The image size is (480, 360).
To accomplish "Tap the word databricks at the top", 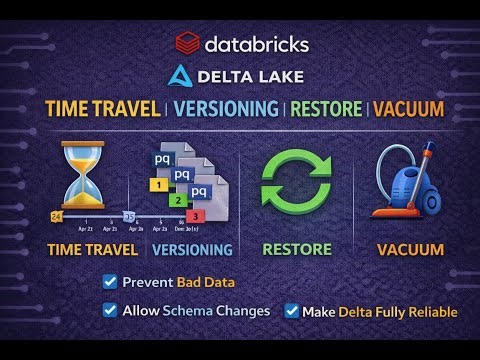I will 256,44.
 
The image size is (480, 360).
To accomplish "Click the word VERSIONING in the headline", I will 226,107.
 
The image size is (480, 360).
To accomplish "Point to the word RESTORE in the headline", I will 326,107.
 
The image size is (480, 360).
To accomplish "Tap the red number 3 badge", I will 196,215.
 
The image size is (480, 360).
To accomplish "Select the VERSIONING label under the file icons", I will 192,249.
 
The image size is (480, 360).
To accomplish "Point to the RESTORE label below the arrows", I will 296,249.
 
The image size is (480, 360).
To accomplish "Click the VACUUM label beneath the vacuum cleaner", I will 410,249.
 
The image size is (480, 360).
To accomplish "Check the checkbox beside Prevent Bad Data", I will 110,282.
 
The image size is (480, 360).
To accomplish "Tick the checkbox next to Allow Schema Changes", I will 110,310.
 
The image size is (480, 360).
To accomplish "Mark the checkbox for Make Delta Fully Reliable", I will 292,311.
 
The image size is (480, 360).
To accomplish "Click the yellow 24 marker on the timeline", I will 56,216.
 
